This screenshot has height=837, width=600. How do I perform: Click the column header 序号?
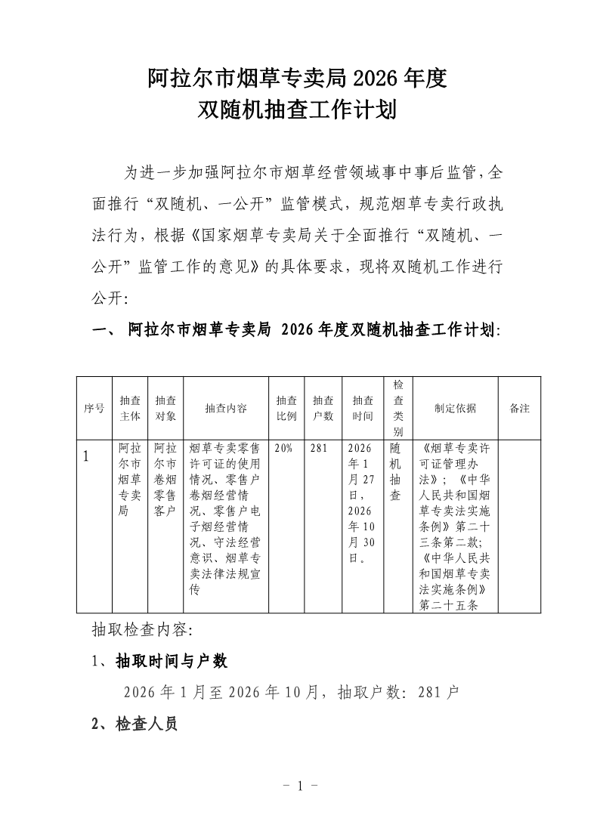94,408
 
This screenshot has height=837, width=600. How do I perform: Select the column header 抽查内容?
225,408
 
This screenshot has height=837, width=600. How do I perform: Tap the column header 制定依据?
455,408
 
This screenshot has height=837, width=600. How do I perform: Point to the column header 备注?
519,408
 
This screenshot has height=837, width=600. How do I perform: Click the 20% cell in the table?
284,447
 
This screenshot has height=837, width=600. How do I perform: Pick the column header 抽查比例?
286,408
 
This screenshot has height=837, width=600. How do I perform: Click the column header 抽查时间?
363,408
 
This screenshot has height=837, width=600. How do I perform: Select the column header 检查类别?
398,408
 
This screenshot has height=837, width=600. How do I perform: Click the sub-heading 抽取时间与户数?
171,662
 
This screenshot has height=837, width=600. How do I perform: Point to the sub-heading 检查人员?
146,724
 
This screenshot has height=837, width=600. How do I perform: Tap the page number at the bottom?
299,786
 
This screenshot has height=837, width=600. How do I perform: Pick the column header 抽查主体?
130,408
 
